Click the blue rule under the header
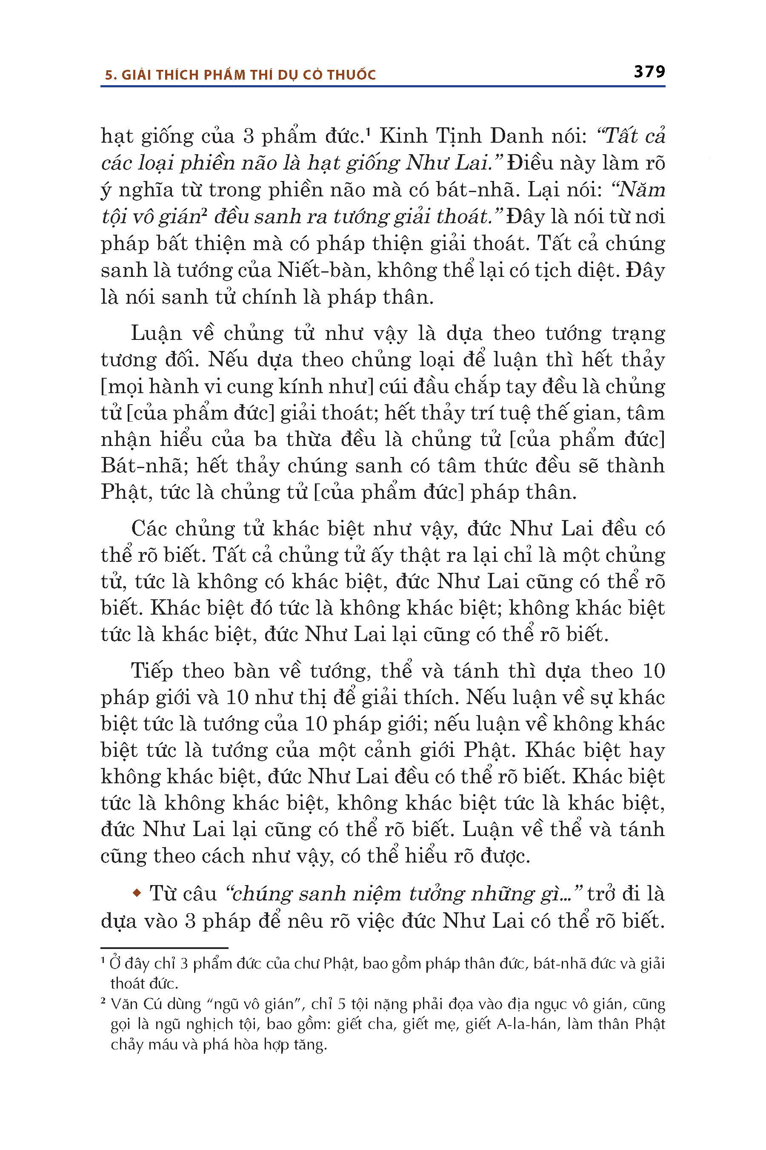(383, 86)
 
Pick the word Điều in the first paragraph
(529, 163)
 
